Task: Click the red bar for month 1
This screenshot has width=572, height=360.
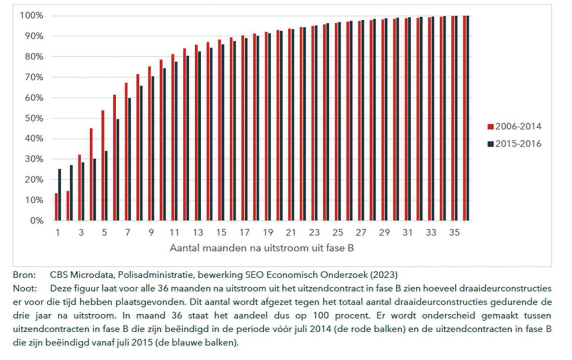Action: click(56, 207)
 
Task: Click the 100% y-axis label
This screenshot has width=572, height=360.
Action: click(32, 16)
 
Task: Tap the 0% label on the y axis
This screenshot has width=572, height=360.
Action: click(36, 220)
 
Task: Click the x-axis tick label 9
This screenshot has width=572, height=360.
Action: click(151, 232)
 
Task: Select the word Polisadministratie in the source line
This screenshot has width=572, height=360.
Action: click(159, 276)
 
